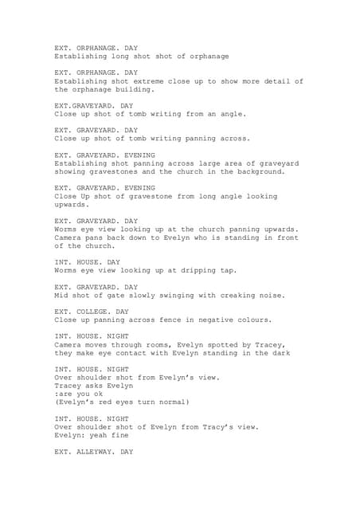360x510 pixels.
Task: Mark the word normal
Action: pos(170,403)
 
